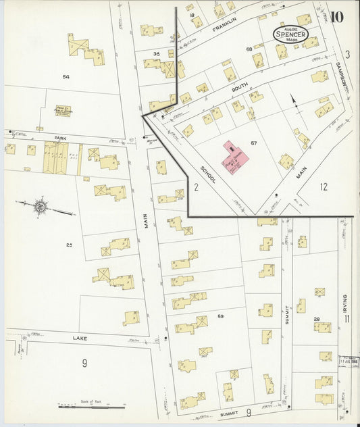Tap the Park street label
[x=59, y=137]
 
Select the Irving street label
[x=344, y=301]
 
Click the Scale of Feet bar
[x=91, y=407]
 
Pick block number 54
[x=66, y=77]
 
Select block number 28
[x=316, y=319]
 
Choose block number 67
[x=253, y=143]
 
